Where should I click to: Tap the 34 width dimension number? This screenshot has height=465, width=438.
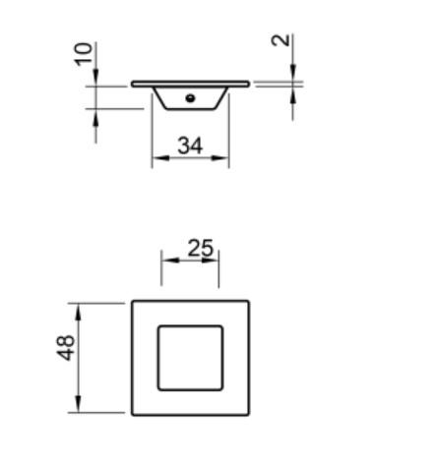pyautogui.click(x=190, y=145)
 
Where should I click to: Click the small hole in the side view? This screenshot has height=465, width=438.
pyautogui.click(x=192, y=96)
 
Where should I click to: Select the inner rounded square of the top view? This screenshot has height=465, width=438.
pyautogui.click(x=190, y=356)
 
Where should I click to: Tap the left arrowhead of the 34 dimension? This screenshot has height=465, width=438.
pyautogui.click(x=156, y=158)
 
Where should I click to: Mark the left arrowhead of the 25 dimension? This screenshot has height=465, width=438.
pyautogui.click(x=166, y=260)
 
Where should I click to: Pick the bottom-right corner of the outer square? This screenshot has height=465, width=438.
pyautogui.click(x=249, y=415)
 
